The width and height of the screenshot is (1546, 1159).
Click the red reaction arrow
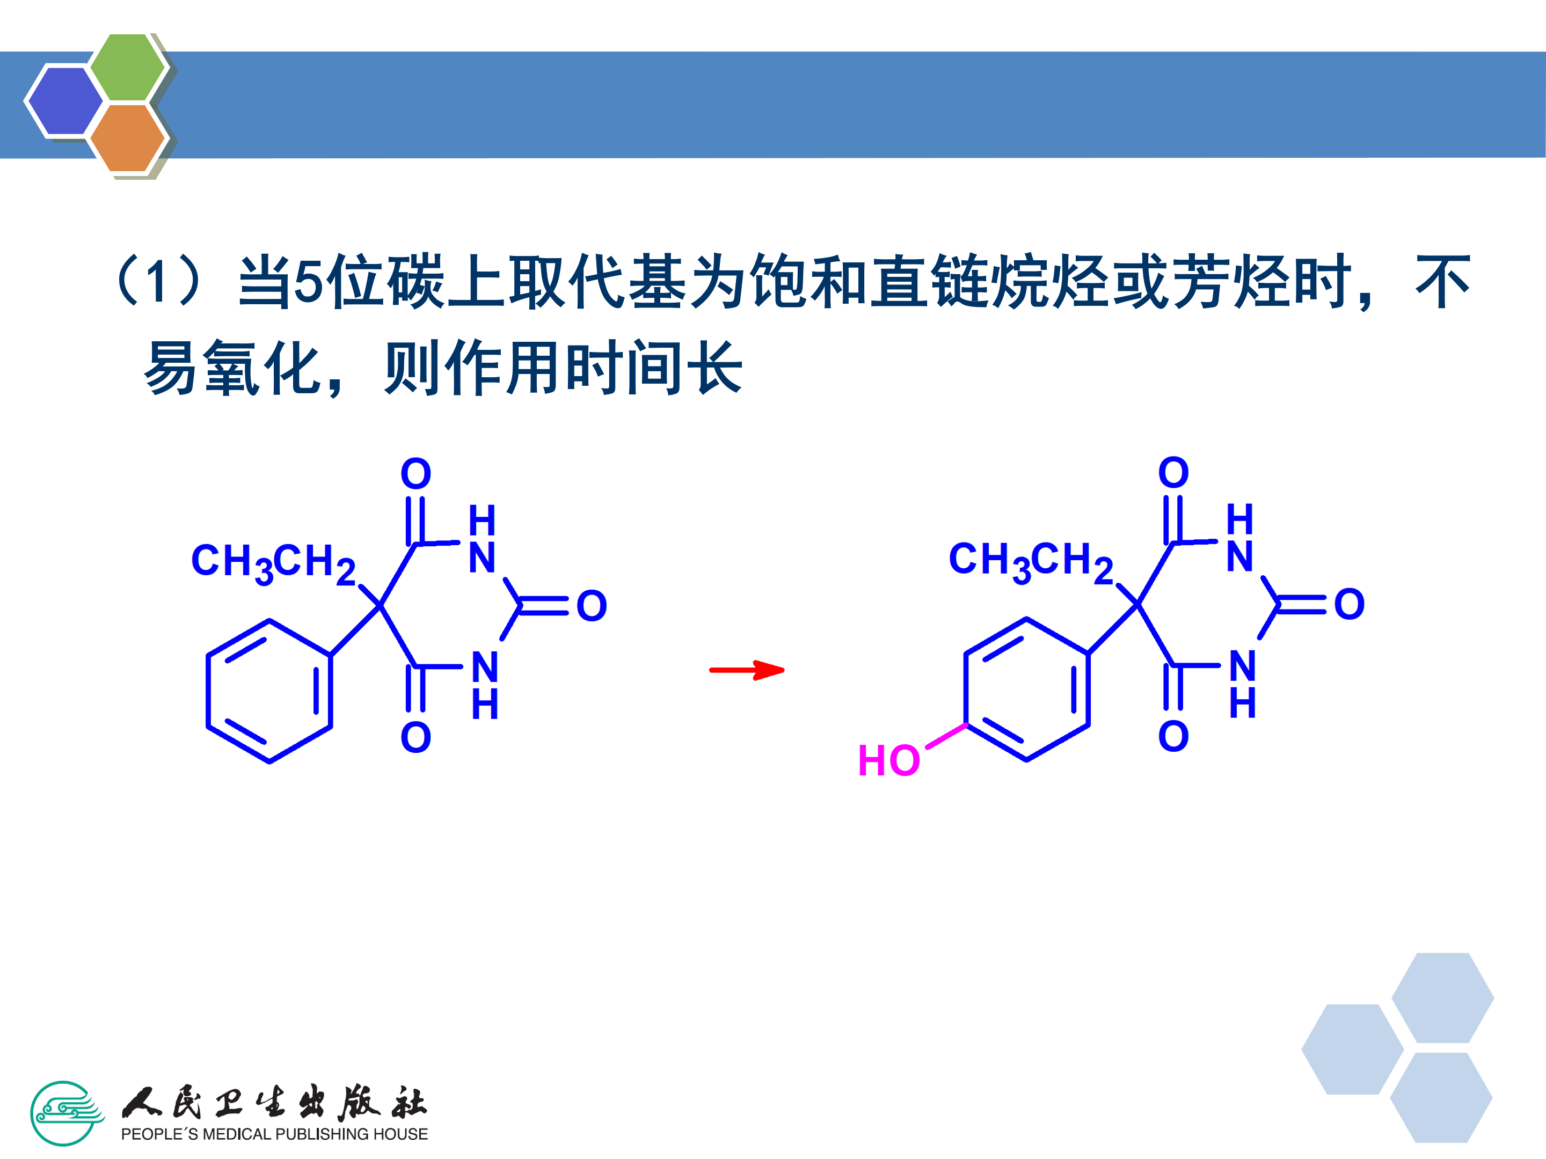pos(747,670)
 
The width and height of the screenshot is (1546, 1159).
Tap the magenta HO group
pos(888,760)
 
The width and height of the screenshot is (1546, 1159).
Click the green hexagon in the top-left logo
pos(128,67)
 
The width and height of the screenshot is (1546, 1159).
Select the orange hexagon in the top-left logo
pos(128,137)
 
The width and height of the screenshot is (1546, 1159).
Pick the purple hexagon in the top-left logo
pos(64,100)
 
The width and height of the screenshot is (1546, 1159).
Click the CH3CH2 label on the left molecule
pos(273,562)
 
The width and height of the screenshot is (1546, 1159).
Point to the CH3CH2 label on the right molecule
pos(1030,561)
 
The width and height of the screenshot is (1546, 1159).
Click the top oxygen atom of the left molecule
pos(416,474)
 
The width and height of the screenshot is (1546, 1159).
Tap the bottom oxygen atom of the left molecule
pos(416,737)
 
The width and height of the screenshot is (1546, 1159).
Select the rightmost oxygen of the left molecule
pos(591,606)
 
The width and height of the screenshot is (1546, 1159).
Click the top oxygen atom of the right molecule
pos(1173,472)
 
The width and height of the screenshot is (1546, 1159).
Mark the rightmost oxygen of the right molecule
pos(1349,604)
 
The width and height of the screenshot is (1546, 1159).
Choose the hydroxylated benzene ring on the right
pos(1027,689)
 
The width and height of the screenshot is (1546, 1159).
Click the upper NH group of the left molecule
pos(482,539)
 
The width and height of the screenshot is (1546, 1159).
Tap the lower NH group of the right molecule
pos(1243,684)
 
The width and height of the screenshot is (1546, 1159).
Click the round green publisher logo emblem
pos(65,1113)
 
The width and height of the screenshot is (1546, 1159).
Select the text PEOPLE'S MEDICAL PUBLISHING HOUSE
pos(274,1134)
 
